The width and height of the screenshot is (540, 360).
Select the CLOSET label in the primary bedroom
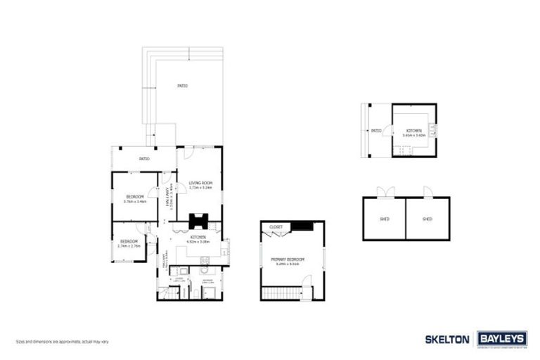click(x=276, y=227)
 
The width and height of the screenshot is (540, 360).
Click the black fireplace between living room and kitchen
click(x=199, y=221)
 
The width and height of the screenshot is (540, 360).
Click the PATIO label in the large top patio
click(x=182, y=86)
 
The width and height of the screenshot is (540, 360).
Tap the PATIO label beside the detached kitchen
click(x=376, y=131)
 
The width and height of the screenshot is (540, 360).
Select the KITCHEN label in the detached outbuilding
click(x=413, y=131)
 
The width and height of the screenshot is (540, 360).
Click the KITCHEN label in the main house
click(x=199, y=237)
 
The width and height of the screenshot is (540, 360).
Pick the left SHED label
click(x=385, y=219)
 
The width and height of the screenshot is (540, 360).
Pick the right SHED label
click(x=427, y=219)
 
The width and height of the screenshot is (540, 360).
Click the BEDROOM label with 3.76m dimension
click(x=135, y=196)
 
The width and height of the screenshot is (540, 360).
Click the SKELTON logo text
click(x=447, y=339)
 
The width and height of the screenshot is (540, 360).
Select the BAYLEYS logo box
click(x=502, y=339)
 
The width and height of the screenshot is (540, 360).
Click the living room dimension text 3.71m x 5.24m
click(x=201, y=188)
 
